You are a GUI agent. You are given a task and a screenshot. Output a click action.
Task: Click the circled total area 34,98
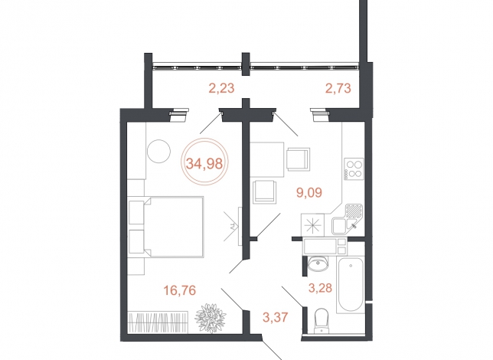click(x=204, y=163)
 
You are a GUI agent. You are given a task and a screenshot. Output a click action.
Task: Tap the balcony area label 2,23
click(x=222, y=88)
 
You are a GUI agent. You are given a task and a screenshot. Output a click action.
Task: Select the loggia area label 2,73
click(x=338, y=88)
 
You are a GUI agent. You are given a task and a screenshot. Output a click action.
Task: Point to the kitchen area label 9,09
click(x=309, y=192)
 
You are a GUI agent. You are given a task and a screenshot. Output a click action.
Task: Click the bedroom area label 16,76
click(x=180, y=290)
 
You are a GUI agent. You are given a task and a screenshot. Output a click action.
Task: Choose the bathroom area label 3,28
click(x=320, y=288)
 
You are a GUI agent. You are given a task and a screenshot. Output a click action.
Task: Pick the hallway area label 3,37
click(x=276, y=317)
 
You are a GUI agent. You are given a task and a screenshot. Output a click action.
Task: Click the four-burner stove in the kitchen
click(x=354, y=169)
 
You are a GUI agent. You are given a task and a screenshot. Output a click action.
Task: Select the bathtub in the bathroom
click(x=351, y=285)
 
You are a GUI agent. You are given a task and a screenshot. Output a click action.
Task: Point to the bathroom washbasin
click(x=318, y=263)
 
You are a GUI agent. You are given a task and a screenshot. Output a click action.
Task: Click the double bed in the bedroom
click(x=166, y=227)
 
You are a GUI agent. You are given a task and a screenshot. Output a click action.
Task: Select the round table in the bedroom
click(x=158, y=152)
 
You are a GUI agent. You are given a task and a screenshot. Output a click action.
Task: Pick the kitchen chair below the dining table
click(x=265, y=192)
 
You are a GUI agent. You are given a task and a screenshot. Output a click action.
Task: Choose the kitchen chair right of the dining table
click(x=298, y=159)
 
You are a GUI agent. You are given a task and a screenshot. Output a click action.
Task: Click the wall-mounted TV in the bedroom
click(x=240, y=225)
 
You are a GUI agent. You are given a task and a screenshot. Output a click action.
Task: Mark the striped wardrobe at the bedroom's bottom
click(x=158, y=322)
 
